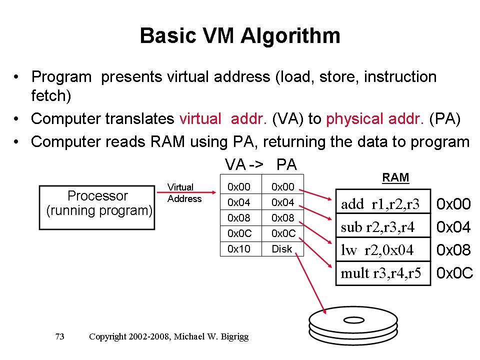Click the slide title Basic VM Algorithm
[x=240, y=36]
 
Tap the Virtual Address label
[x=184, y=193]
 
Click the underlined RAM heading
[x=395, y=177]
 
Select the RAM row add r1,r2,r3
[x=383, y=203]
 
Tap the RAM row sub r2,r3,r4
[x=383, y=227]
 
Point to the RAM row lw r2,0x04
[x=383, y=250]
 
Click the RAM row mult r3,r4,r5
[x=383, y=273]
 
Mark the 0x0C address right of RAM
[x=454, y=274]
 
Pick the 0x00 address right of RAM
[x=454, y=204]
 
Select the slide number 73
[x=59, y=337]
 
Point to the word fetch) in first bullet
[x=50, y=95]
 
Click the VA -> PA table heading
[x=260, y=164]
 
